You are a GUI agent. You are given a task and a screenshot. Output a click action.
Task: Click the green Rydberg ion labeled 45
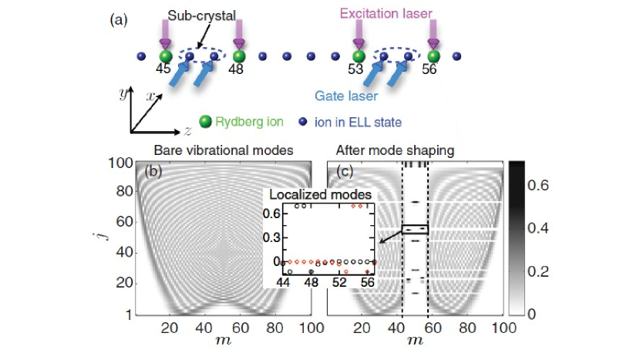[164, 56]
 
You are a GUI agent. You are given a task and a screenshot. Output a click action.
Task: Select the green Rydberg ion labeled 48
[239, 56]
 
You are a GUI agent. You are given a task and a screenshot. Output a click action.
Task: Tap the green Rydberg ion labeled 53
[359, 56]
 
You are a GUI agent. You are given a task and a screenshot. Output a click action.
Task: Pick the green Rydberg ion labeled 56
[434, 56]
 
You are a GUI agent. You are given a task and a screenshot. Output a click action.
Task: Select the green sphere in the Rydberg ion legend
[205, 122]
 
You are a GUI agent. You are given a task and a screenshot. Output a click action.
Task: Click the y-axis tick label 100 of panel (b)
[116, 163]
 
